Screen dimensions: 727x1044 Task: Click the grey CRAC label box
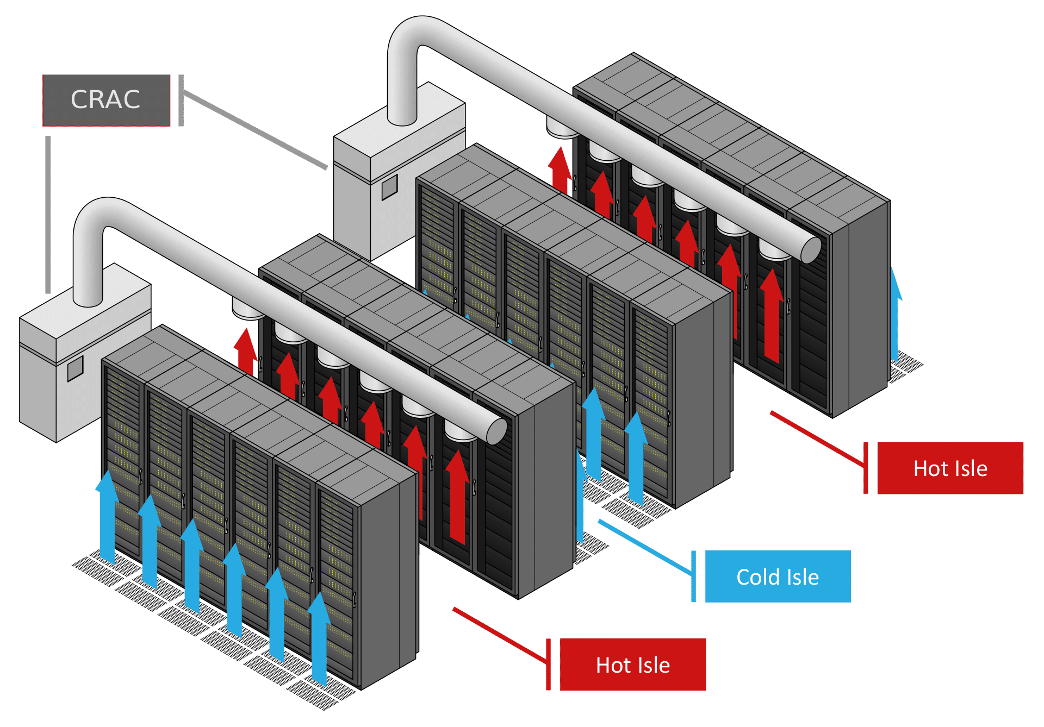(x=106, y=101)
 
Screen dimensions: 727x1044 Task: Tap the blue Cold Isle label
(x=778, y=576)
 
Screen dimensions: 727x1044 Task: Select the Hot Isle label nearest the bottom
(x=632, y=665)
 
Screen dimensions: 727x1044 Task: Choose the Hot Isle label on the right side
(x=950, y=468)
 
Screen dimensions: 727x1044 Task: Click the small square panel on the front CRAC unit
(x=75, y=369)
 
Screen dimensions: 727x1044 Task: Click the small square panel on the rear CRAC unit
(x=389, y=188)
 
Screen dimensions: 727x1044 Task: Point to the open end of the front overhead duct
(x=496, y=431)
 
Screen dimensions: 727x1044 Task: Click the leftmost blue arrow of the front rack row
(x=108, y=516)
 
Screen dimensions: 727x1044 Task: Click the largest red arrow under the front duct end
(x=457, y=497)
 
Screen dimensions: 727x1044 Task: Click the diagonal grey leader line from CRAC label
(x=256, y=130)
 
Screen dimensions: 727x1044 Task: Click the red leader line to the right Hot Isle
(x=816, y=438)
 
